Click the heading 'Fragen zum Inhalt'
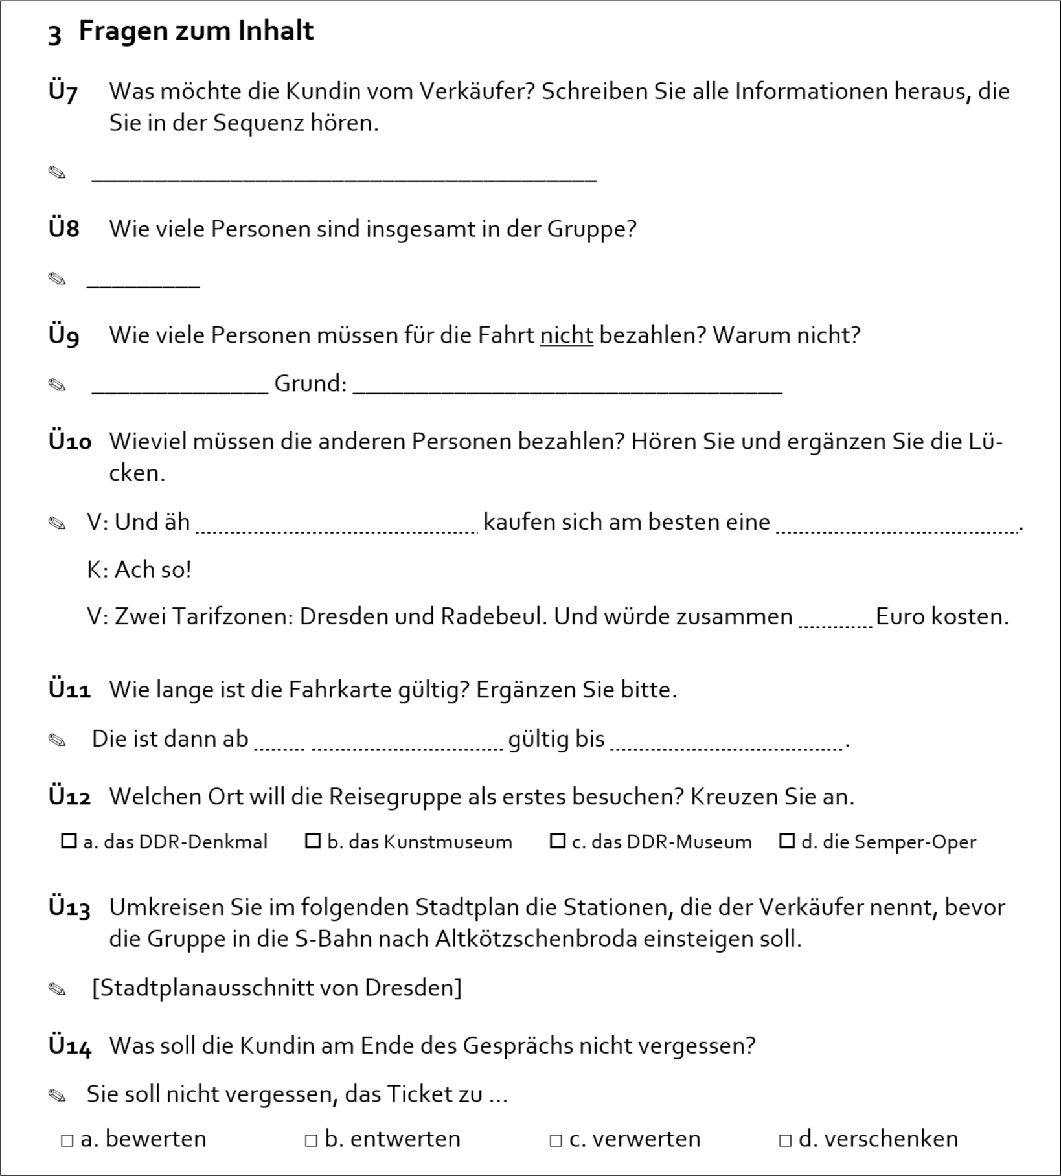pyautogui.click(x=196, y=31)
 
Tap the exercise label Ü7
pyautogui.click(x=63, y=92)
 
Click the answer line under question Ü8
pyautogui.click(x=143, y=283)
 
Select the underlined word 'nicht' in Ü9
pyautogui.click(x=566, y=335)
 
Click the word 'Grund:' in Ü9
pyautogui.click(x=310, y=383)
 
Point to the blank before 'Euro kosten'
pyautogui.click(x=835, y=620)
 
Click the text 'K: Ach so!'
pyautogui.click(x=139, y=570)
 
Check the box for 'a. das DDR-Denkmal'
pyautogui.click(x=69, y=841)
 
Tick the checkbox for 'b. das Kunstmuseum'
pyautogui.click(x=313, y=841)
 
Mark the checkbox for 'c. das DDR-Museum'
pyautogui.click(x=557, y=841)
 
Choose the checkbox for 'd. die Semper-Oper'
pyautogui.click(x=787, y=841)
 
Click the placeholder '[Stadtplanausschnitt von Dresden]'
pyautogui.click(x=277, y=988)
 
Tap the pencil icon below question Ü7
pyautogui.click(x=57, y=173)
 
